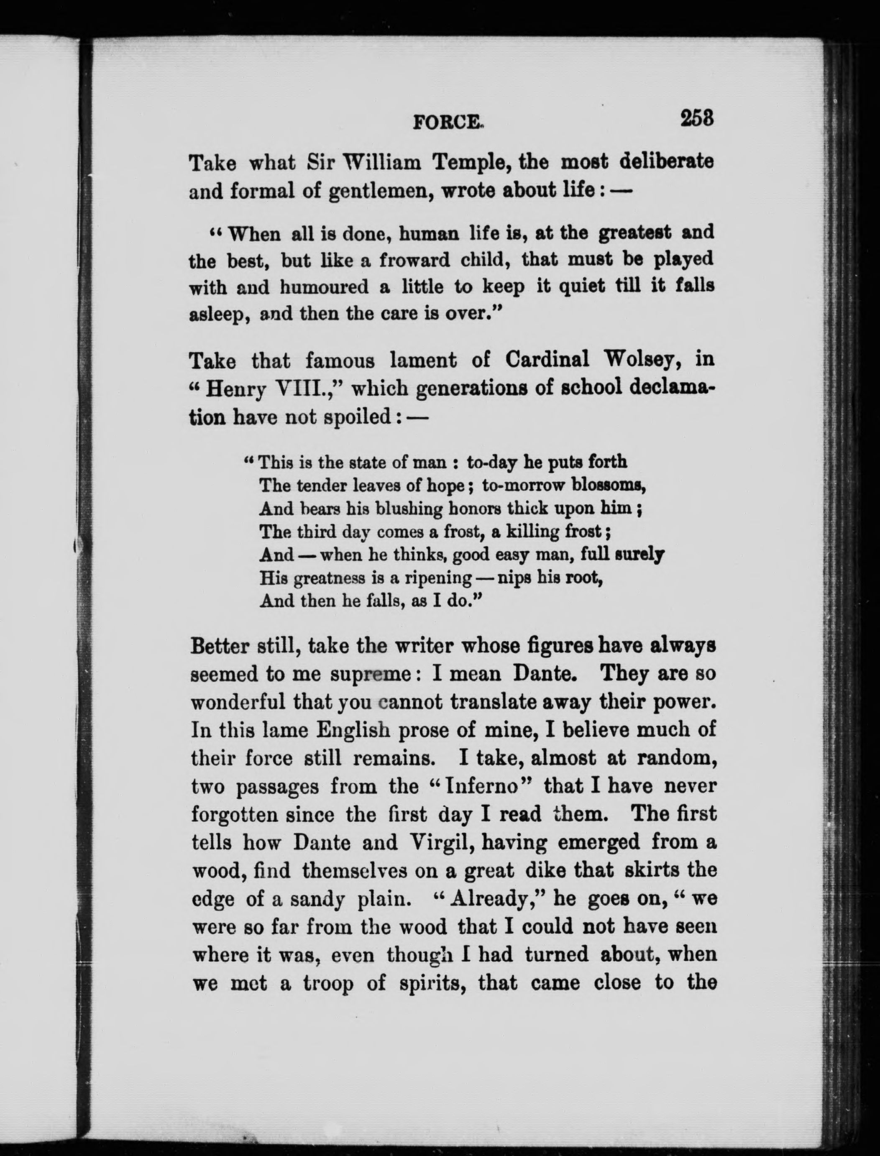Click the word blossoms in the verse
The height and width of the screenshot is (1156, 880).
tap(608, 485)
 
